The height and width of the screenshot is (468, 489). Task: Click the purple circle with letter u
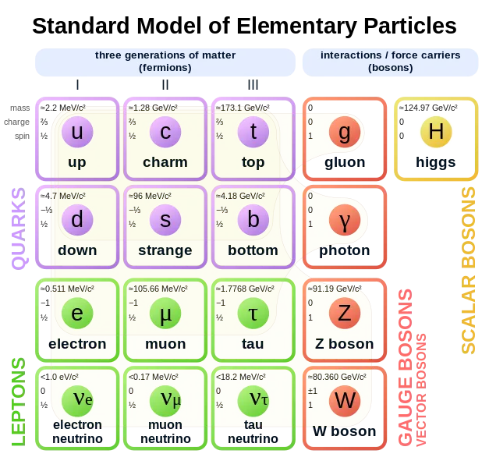77,132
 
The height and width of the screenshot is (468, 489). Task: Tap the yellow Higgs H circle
436,132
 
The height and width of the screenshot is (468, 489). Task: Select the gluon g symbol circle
345,132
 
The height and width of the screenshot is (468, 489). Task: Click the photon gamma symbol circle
345,220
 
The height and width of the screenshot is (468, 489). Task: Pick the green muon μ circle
165,313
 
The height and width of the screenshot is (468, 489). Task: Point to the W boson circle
345,401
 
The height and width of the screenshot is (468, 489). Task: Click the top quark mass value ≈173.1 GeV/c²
243,108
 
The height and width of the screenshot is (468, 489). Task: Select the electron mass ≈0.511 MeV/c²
67,289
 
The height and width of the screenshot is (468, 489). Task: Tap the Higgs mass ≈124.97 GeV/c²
428,108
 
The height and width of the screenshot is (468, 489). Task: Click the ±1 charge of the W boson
313,391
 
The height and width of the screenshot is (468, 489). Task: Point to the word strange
165,250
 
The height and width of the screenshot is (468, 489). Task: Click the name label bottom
253,250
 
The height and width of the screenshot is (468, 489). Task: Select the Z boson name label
345,344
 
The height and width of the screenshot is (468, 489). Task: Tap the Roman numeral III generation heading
253,84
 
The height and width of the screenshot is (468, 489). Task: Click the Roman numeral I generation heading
77,84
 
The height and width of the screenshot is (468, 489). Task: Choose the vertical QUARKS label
19,228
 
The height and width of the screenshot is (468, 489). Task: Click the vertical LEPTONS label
19,402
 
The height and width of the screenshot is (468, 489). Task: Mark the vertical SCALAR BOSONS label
469,270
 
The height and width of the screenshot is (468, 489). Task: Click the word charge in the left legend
16,122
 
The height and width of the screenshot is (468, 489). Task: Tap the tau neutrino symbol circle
253,401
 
